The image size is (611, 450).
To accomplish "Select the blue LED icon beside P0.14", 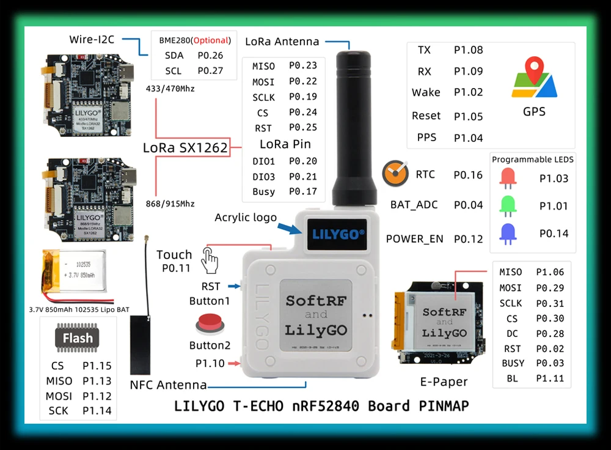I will point(508,234).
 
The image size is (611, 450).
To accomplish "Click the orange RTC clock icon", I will point(395,174).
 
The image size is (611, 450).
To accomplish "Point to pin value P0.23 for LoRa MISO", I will point(303,66).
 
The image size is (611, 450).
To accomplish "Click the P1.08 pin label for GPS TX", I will point(468,50).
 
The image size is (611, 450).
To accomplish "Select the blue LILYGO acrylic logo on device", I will point(338,233).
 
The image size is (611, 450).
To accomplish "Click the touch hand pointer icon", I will point(210,261).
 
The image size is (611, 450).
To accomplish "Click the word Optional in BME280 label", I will point(211,41).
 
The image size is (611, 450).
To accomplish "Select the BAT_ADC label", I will point(414,205).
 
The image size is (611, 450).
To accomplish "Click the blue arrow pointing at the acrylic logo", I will point(290,229).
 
